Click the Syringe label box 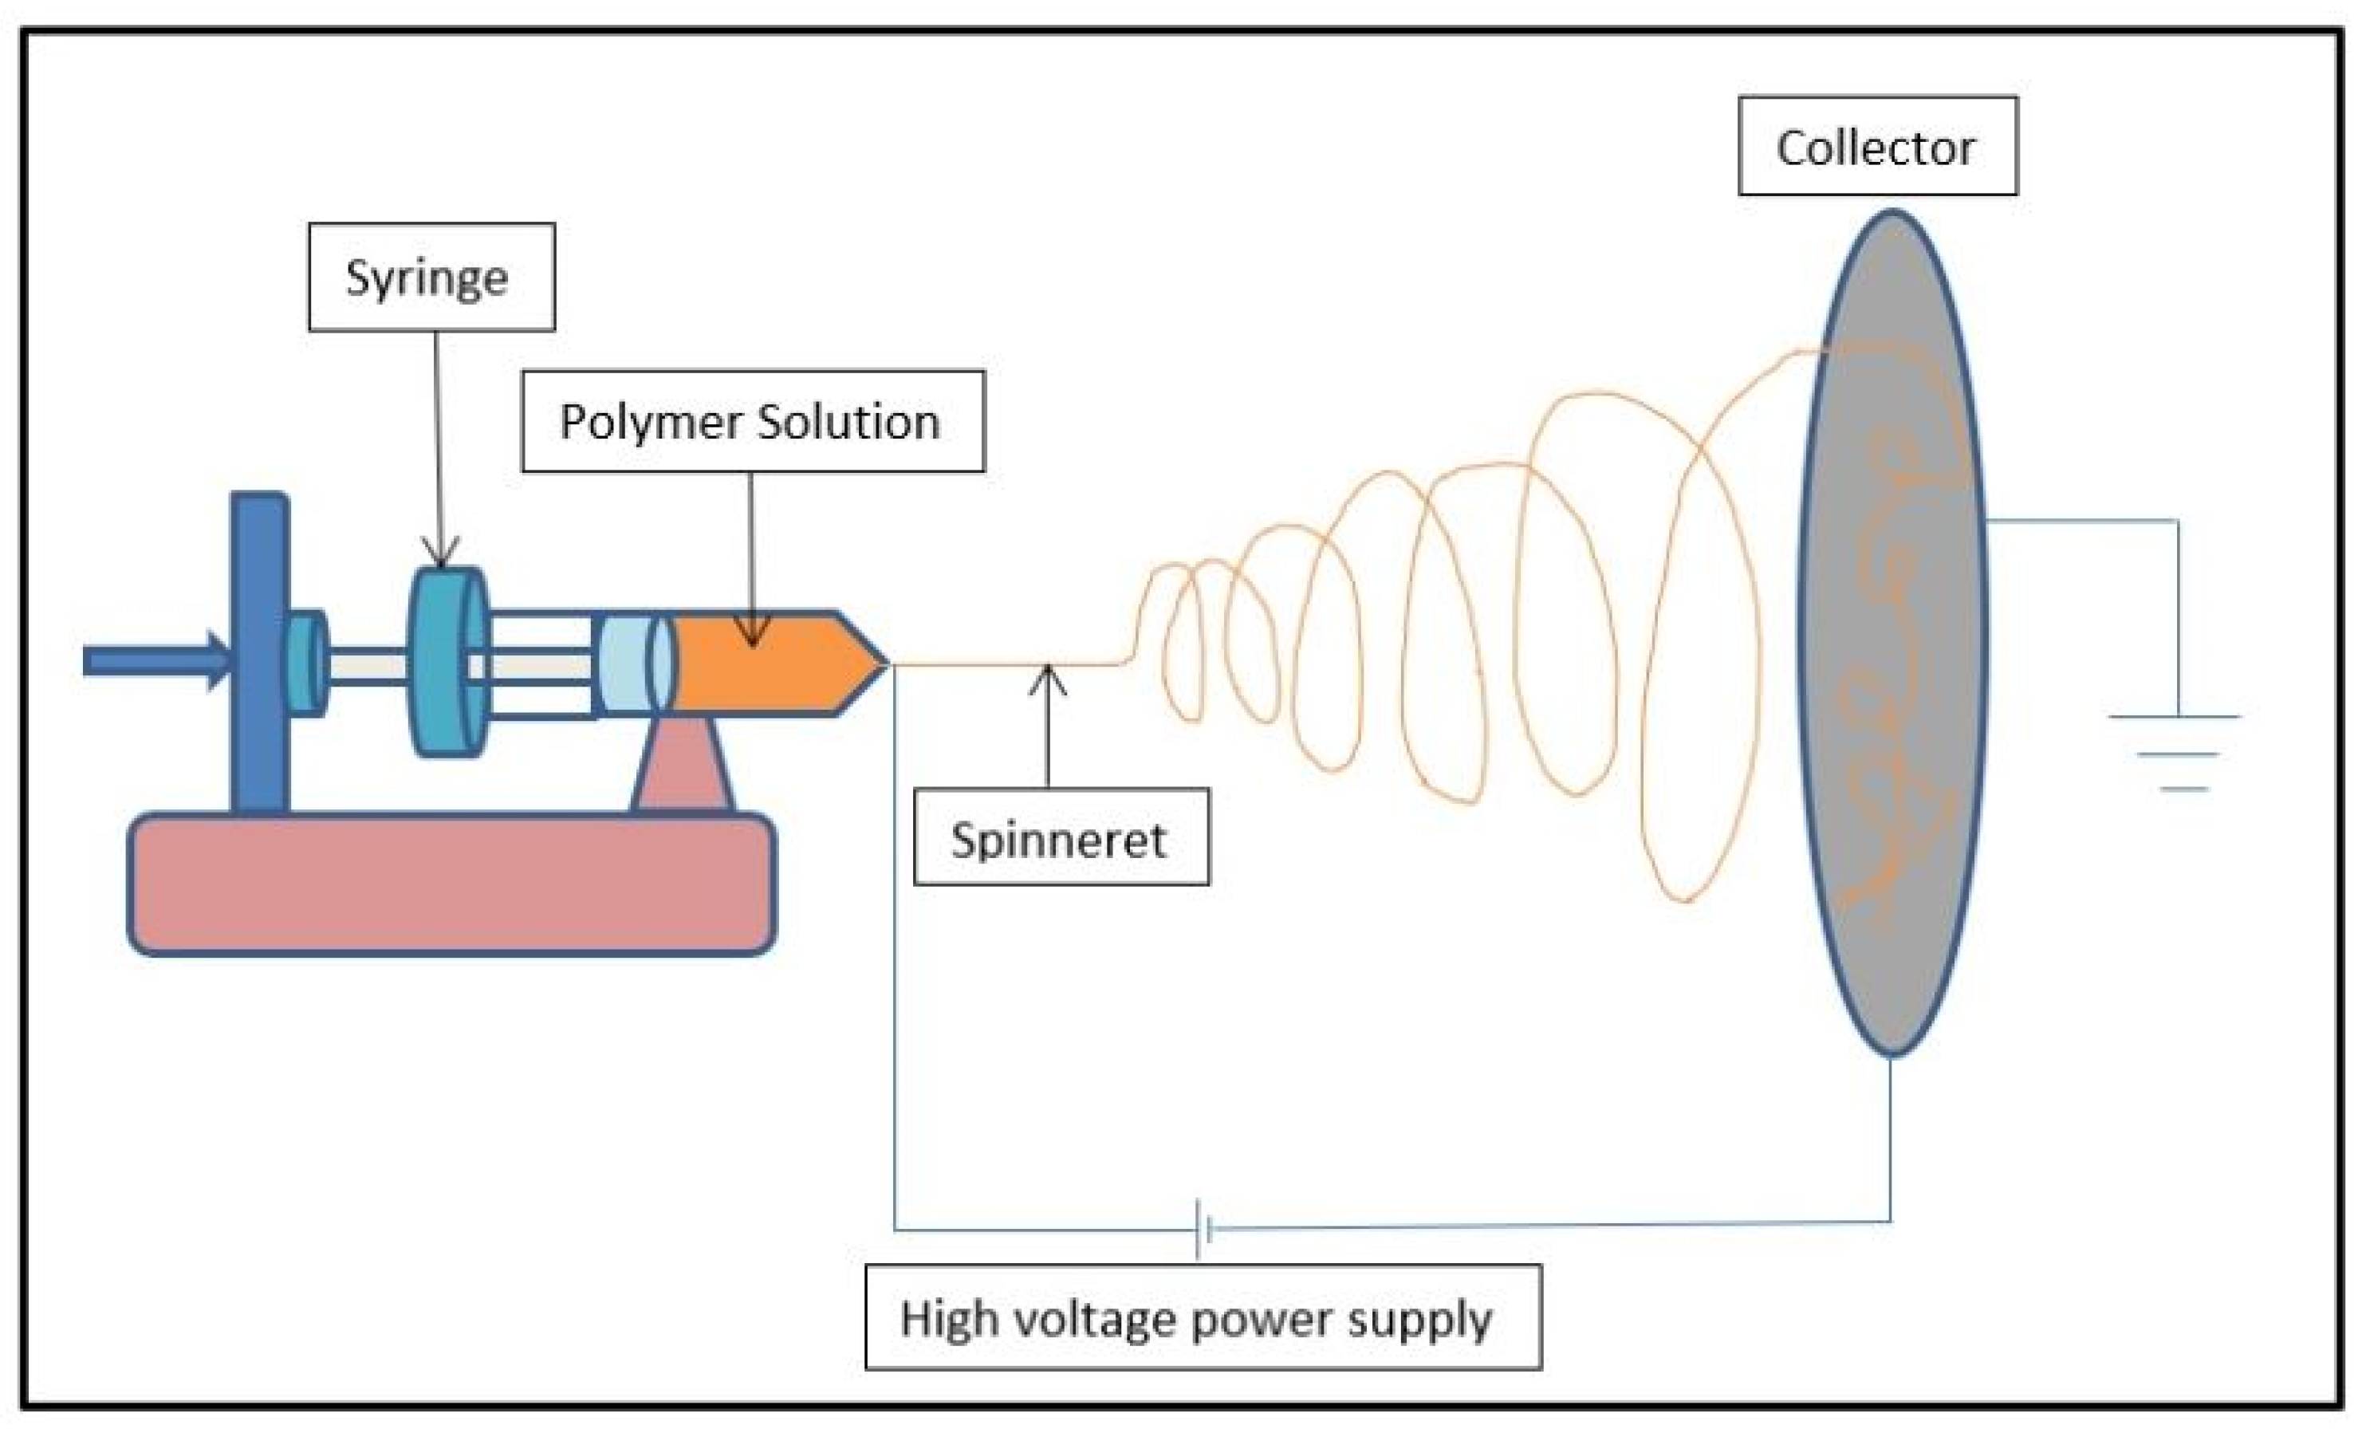[431, 277]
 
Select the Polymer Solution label [753, 420]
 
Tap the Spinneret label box [1061, 837]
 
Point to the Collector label [1877, 146]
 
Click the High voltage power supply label [1203, 1317]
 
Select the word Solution [848, 422]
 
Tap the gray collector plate [1892, 633]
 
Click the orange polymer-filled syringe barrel [758, 663]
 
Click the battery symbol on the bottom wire [1203, 1227]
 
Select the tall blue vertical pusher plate [259, 653]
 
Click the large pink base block [451, 884]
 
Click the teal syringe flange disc [447, 663]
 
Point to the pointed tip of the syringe [886, 663]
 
